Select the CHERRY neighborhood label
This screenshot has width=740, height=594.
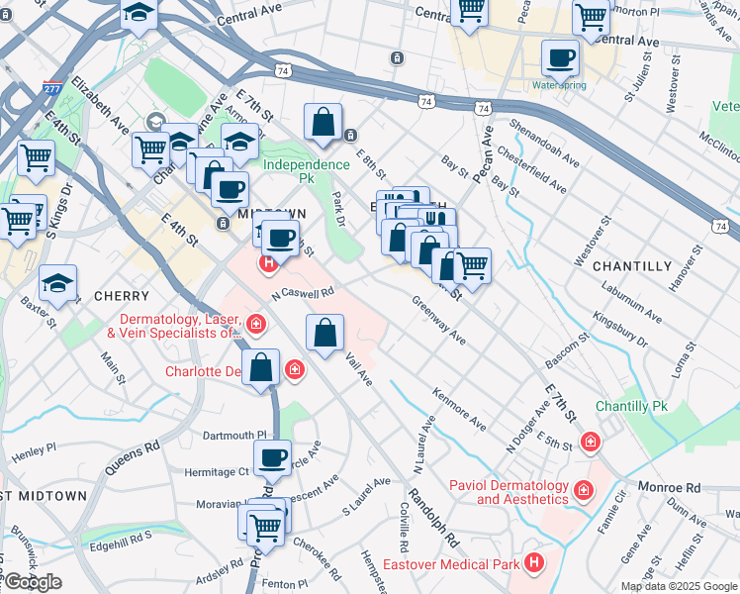click(x=121, y=296)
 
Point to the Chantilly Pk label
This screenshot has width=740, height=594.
click(x=632, y=407)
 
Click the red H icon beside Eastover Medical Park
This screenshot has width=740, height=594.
click(x=535, y=563)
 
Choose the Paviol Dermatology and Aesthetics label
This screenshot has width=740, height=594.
click(x=509, y=492)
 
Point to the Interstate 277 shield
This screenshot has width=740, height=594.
click(x=49, y=89)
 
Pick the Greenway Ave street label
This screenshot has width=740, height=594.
click(x=439, y=321)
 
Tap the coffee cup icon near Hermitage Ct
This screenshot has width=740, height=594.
click(x=272, y=458)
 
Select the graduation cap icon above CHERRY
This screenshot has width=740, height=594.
click(x=58, y=283)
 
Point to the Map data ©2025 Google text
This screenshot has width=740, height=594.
click(x=679, y=585)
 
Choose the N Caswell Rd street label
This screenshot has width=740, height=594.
click(x=303, y=294)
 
